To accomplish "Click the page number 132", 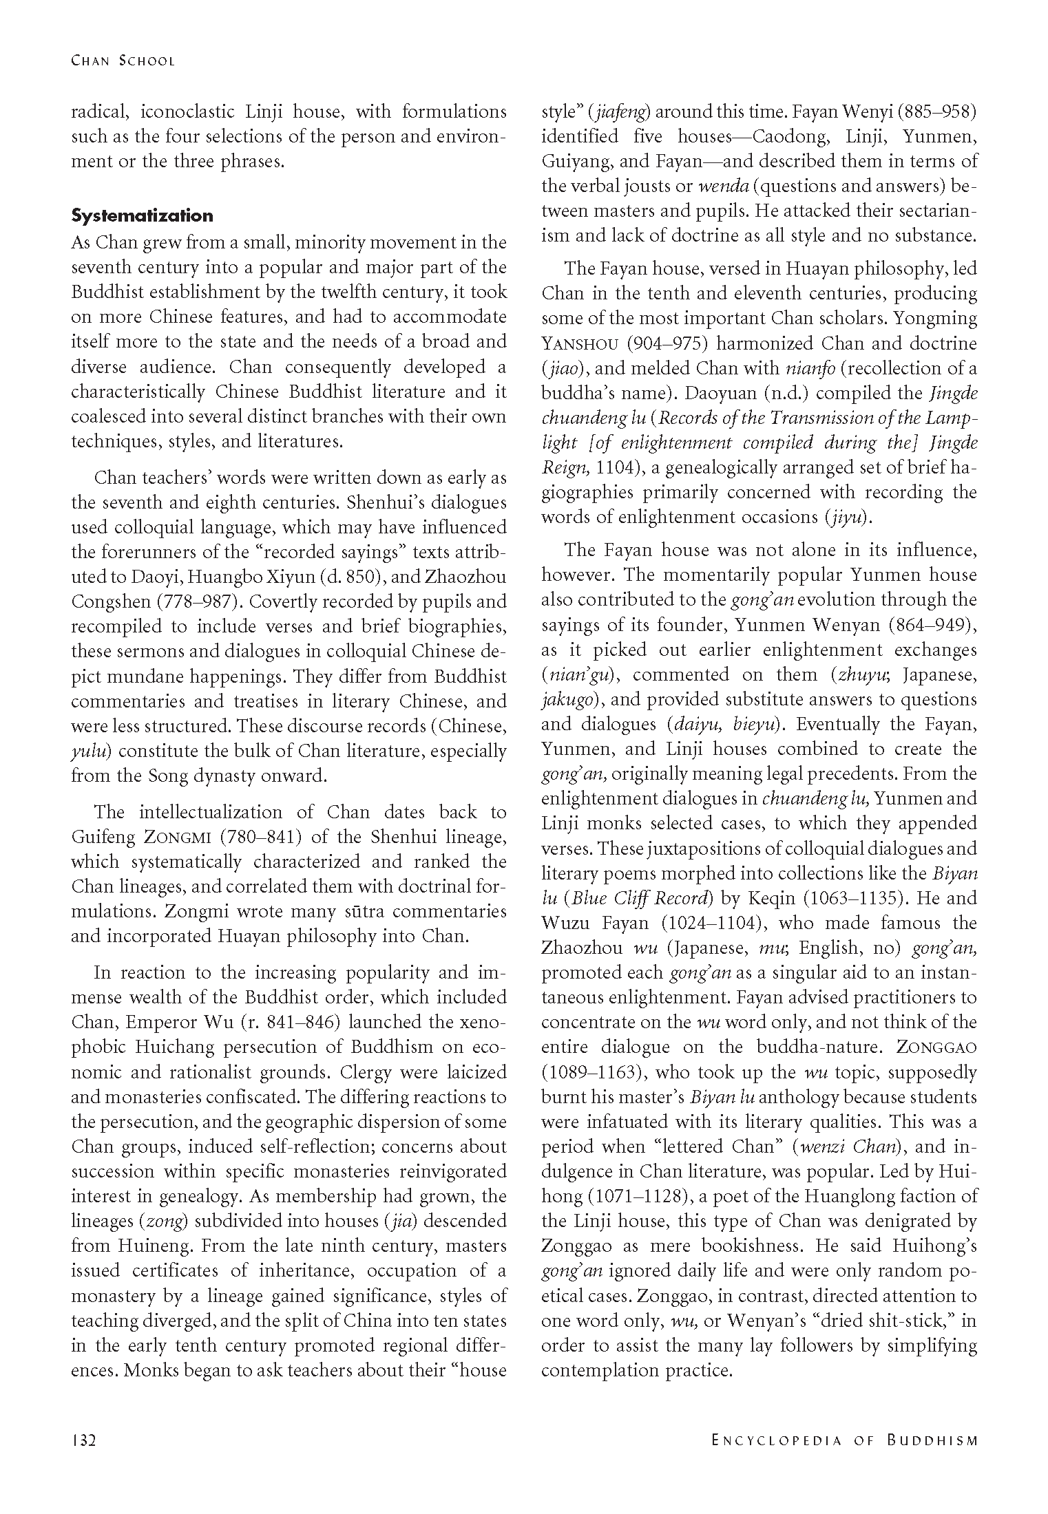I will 83,1440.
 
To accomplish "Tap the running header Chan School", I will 123,61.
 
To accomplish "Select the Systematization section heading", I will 143,216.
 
